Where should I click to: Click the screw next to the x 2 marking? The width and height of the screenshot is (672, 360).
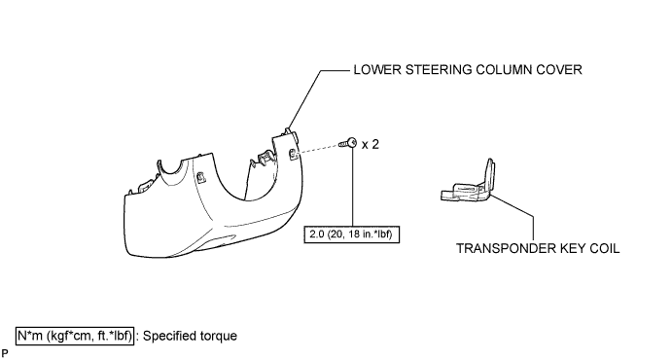click(x=348, y=143)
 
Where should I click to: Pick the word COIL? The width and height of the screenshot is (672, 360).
click(x=604, y=248)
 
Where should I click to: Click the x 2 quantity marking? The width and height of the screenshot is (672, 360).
click(x=371, y=145)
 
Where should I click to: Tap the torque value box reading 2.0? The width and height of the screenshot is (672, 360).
click(x=352, y=234)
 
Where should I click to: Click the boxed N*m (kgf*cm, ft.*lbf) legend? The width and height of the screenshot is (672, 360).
click(x=75, y=336)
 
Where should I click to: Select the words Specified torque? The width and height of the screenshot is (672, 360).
click(x=190, y=336)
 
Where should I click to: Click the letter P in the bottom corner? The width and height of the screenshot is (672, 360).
click(x=5, y=353)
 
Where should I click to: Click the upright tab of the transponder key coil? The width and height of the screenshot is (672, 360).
click(x=490, y=173)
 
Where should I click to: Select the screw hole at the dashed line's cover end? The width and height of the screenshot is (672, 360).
click(x=293, y=154)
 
